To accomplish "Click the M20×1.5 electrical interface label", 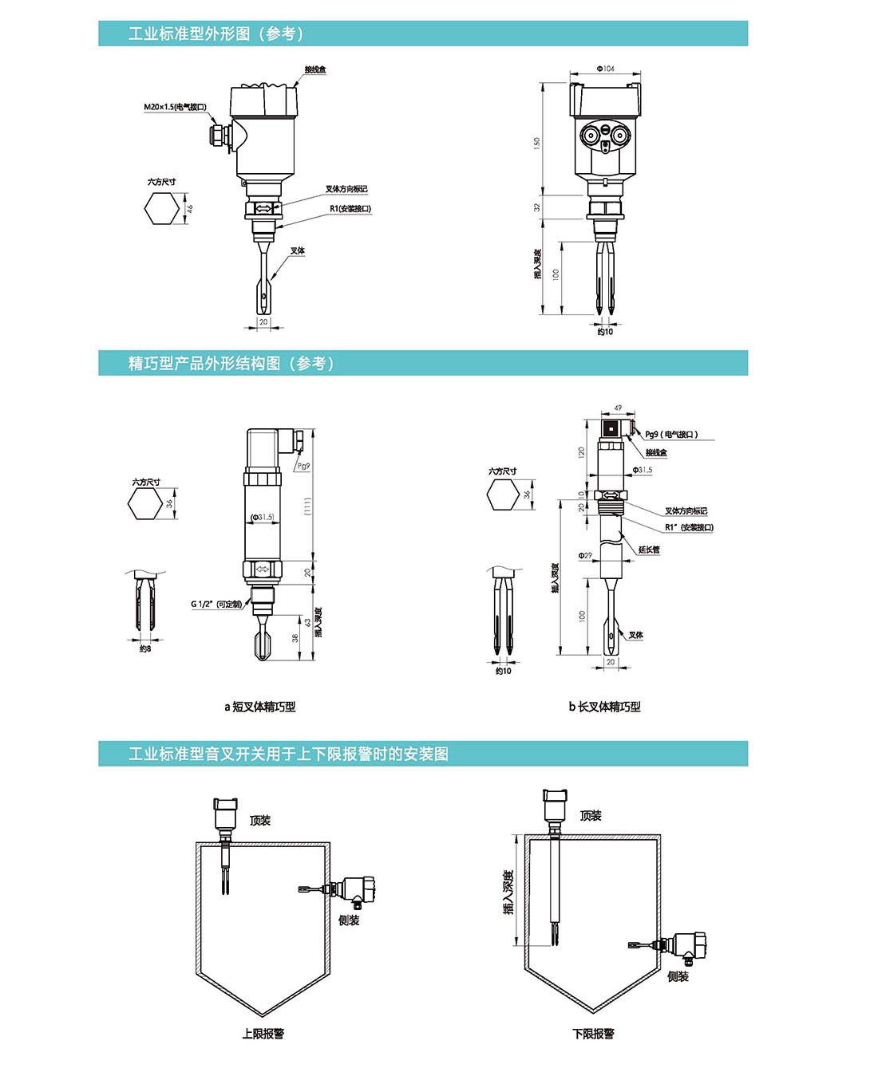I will (175, 107).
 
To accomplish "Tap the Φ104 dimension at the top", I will (605, 69).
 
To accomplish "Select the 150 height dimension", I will (537, 142).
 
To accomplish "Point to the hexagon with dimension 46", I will (162, 209).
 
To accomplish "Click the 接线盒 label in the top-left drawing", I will (314, 70).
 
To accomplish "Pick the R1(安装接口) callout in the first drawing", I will (350, 209).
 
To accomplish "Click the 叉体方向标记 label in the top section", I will (346, 189).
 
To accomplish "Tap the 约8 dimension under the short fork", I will (144, 649).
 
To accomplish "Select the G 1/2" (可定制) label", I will (216, 604).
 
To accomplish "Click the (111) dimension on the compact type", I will (308, 506).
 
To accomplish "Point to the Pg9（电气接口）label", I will (671, 435).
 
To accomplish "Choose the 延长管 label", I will (649, 550).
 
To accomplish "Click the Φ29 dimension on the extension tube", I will (585, 555).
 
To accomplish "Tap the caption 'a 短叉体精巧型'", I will (260, 707).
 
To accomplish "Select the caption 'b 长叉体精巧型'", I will (604, 707).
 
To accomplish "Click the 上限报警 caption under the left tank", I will (263, 1034).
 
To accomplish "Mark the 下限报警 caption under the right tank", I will (593, 1034).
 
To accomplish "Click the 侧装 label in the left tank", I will (349, 920).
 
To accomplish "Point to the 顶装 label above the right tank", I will (591, 815).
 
